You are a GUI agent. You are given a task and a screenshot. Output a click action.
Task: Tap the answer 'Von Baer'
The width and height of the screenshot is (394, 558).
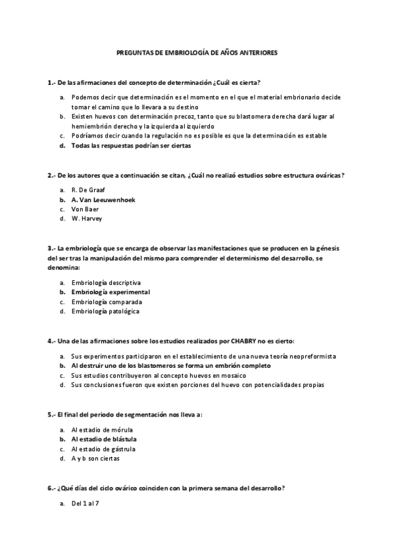[85, 209]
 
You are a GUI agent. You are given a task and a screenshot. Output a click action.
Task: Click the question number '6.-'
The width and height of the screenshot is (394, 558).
[51, 488]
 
